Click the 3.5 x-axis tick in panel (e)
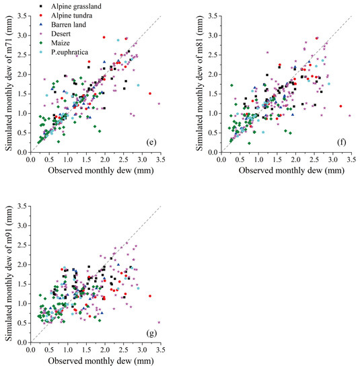159,160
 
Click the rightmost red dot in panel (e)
149,94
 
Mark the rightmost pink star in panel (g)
159,322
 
